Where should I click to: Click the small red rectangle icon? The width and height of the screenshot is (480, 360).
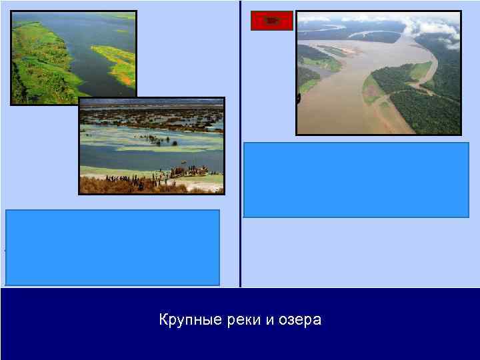(x=271, y=21)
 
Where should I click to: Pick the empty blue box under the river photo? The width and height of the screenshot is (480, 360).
(x=356, y=179)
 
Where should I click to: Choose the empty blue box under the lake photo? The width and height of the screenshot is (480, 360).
(x=113, y=247)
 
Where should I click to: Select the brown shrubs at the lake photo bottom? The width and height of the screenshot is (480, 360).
(x=147, y=187)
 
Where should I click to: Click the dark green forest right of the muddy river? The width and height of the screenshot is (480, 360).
(x=427, y=107)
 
